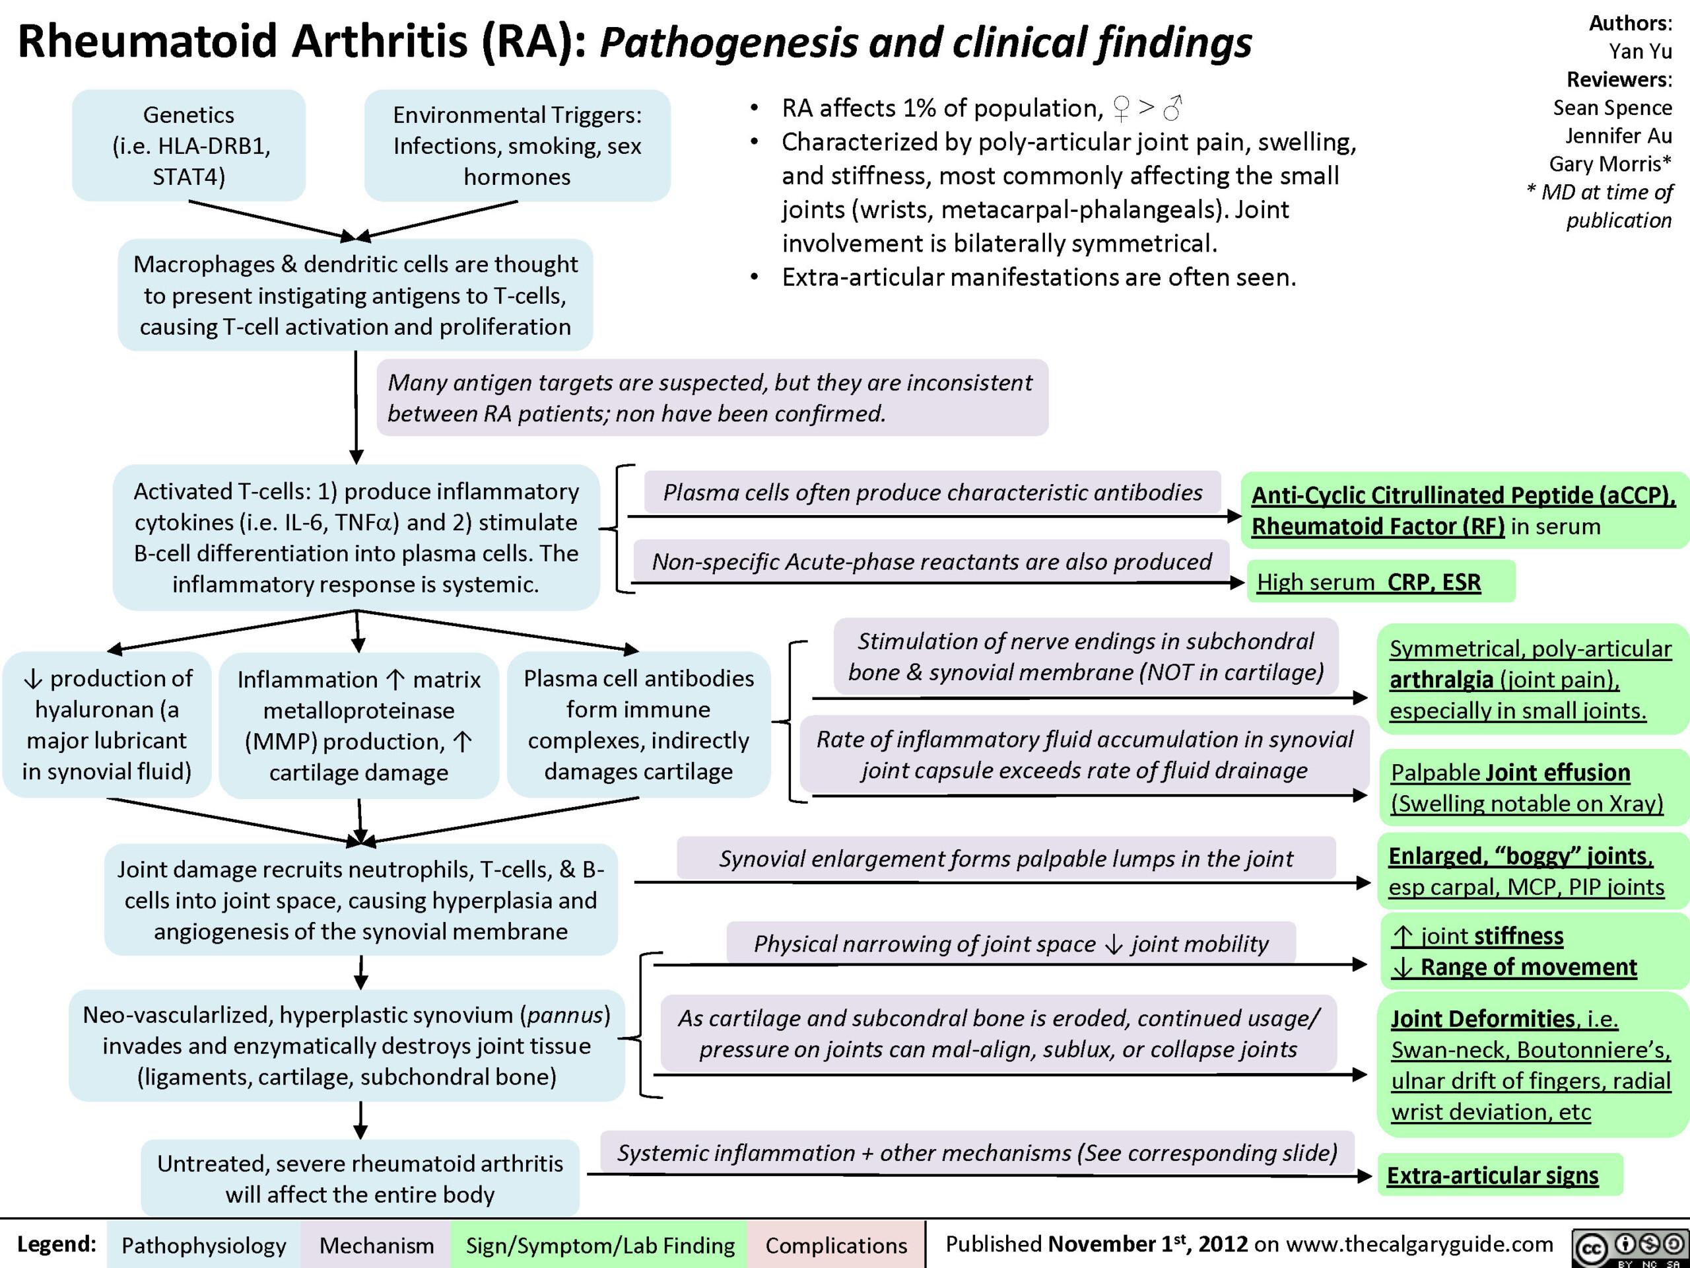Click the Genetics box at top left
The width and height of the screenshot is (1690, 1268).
pos(189,145)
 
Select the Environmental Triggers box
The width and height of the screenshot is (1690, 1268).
pos(518,145)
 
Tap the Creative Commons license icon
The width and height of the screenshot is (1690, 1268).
pos(1630,1248)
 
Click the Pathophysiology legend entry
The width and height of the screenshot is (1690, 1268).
pos(204,1245)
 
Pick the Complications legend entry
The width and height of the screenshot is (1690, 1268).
pos(836,1245)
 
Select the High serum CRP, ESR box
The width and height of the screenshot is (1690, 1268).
pos(1380,582)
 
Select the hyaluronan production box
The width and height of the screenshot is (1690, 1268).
pos(107,724)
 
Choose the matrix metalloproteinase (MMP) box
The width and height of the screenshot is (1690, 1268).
pos(358,725)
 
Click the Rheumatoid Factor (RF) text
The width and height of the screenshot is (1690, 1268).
pos(1378,526)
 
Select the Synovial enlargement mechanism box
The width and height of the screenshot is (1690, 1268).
pos(1006,858)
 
